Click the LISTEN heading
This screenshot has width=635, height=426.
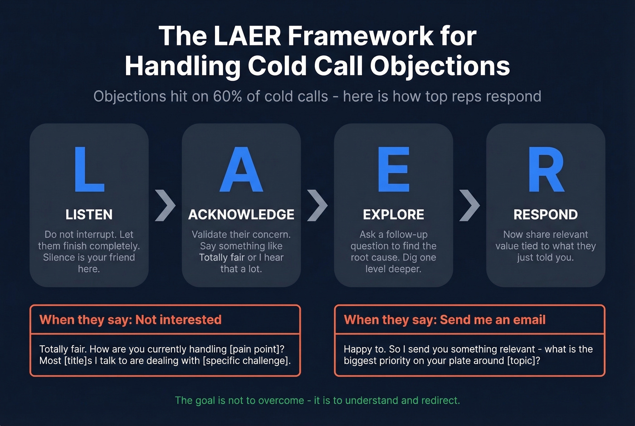[89, 215]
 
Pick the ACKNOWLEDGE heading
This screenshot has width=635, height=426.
[241, 215]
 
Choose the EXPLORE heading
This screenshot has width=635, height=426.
[393, 215]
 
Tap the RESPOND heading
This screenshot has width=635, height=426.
[546, 215]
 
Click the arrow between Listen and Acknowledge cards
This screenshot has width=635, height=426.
[165, 206]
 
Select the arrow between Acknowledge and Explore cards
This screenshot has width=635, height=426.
[317, 206]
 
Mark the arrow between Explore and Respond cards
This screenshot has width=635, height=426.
[469, 206]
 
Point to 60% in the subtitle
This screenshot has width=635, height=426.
[227, 97]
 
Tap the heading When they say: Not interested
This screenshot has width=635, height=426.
[131, 320]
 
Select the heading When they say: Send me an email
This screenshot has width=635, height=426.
[444, 320]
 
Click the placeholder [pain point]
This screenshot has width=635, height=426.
[257, 349]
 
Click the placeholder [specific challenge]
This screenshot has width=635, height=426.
[246, 361]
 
